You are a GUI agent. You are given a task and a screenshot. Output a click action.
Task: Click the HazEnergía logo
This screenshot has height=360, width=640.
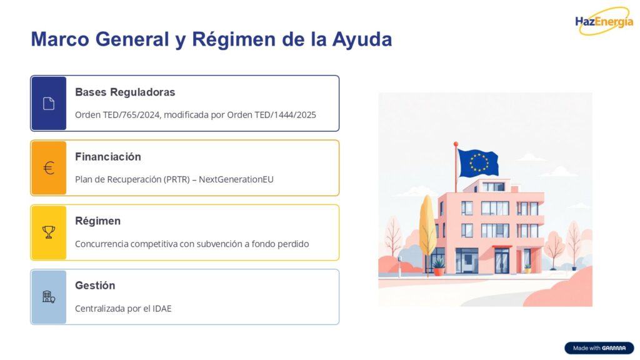[x=604, y=21]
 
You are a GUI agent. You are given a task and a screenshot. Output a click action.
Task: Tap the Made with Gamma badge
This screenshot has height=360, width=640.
[x=599, y=348]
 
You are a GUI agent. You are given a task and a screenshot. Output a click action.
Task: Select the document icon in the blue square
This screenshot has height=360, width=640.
[x=49, y=104]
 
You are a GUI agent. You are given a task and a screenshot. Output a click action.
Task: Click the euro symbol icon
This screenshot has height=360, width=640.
[x=49, y=168]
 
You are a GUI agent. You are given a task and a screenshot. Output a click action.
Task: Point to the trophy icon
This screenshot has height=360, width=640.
[x=49, y=232]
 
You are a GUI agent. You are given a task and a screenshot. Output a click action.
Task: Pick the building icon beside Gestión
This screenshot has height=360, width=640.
[x=49, y=297]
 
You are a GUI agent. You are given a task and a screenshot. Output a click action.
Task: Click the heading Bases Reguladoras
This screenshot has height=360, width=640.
[x=125, y=92]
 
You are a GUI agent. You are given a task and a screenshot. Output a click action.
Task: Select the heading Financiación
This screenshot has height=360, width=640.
[x=108, y=157]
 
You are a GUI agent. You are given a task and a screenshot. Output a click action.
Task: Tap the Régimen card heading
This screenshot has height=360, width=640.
[x=98, y=221]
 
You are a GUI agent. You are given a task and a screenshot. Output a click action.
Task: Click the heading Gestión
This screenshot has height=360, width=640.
[x=95, y=285]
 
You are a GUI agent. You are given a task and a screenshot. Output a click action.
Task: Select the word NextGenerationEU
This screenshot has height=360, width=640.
[x=236, y=179]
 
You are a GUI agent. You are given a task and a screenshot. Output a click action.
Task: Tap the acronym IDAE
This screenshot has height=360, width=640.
[x=162, y=309]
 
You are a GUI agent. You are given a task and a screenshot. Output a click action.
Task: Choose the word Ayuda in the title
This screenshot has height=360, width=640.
[x=362, y=39]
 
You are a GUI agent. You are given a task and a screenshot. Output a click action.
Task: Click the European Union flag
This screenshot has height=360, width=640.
[x=478, y=163]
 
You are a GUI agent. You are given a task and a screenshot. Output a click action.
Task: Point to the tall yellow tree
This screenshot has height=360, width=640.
[x=427, y=226]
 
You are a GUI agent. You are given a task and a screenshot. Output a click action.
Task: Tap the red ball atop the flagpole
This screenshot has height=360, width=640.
[x=456, y=144]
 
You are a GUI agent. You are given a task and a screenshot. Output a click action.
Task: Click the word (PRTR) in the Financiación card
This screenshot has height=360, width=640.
[x=177, y=179]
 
